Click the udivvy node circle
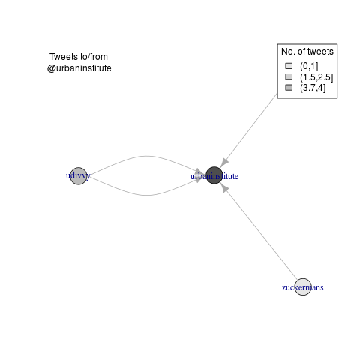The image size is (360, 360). [79, 176]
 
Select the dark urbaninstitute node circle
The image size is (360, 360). [214, 175]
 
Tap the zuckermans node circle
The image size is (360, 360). [303, 286]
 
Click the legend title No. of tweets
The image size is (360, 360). [307, 52]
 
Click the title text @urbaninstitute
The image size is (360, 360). [79, 68]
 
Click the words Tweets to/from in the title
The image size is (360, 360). [79, 57]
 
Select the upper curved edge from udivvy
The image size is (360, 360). [145, 157]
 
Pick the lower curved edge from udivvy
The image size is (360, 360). [145, 195]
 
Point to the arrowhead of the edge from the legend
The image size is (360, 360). [224, 163]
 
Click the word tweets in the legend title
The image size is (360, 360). [320, 52]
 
